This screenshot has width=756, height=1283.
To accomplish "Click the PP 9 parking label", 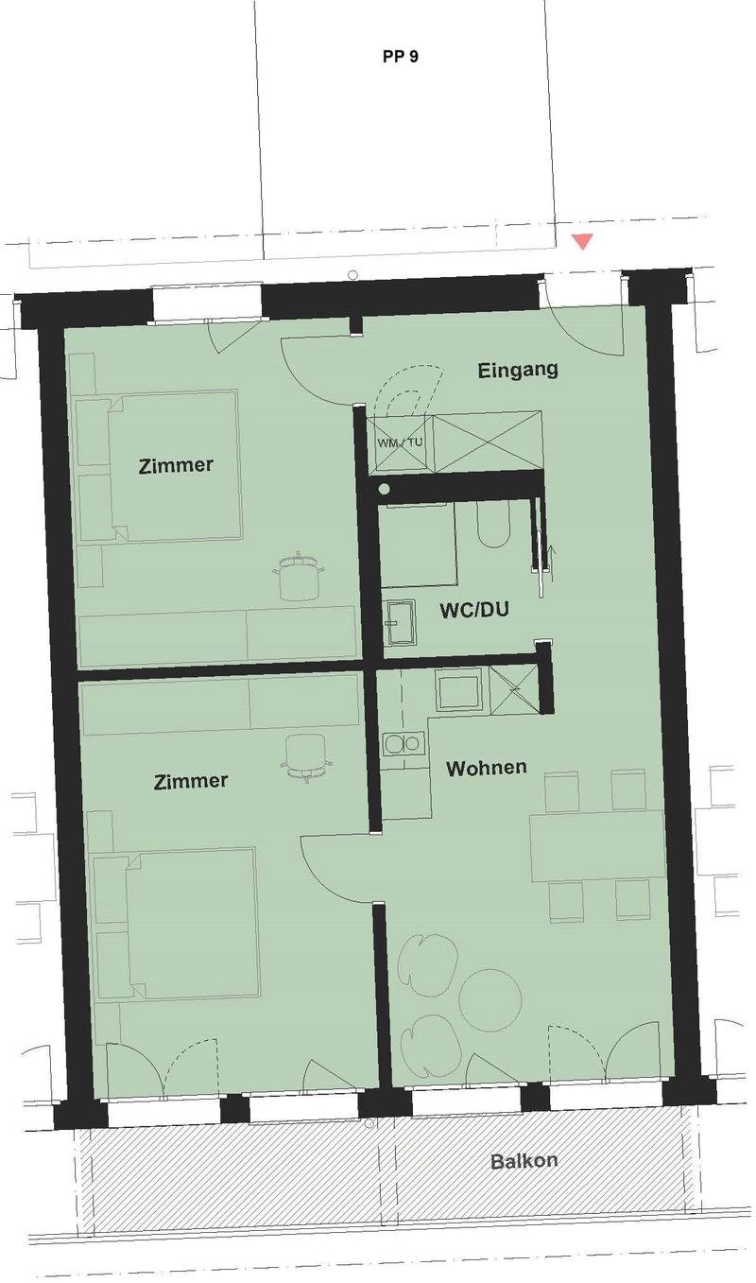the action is tap(400, 57).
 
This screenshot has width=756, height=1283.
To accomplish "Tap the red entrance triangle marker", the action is tap(583, 241).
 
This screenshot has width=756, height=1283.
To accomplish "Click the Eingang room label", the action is tap(518, 371).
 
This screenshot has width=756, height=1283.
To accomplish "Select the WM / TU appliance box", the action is tap(400, 442).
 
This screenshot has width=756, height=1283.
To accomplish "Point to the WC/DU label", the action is tap(473, 610).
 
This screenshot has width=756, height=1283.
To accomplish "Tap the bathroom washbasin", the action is tap(401, 623).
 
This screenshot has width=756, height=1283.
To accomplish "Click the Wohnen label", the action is tap(486, 768).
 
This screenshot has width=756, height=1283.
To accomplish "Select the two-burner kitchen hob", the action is tap(404, 744).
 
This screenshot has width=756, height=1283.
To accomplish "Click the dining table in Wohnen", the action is tap(597, 845).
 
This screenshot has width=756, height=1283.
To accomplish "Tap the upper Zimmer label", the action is tap(176, 464).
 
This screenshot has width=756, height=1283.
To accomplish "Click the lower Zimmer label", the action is tap(191, 781).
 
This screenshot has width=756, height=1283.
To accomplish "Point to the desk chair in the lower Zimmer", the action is tap(307, 757).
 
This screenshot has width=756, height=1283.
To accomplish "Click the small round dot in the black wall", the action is tap(385, 489).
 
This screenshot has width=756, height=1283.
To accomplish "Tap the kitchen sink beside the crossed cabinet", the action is tap(457, 692).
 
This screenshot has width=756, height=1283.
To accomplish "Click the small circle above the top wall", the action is tap(353, 275).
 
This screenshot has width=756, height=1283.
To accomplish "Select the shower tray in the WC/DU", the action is tap(419, 546).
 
